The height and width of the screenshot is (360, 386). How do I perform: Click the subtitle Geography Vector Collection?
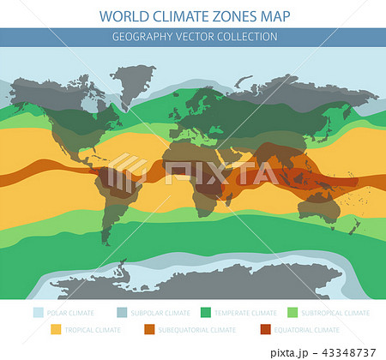193,37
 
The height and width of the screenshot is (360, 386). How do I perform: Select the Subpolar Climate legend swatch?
124,313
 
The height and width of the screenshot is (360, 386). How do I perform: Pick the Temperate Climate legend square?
206,313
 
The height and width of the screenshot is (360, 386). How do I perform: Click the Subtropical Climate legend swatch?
292,313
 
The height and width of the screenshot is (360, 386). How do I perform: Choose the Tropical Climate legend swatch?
57,329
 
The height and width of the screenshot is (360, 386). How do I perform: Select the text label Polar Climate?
70,314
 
